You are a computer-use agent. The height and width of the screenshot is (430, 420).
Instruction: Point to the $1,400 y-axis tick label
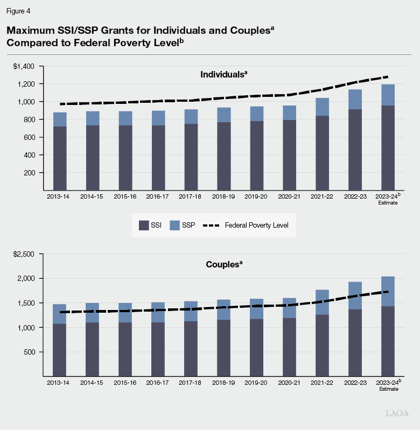[24, 66]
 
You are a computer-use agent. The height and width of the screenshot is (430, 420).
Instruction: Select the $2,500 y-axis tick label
[24, 254]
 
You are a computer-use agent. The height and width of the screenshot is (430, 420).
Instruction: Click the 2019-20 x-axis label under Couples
[256, 383]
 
